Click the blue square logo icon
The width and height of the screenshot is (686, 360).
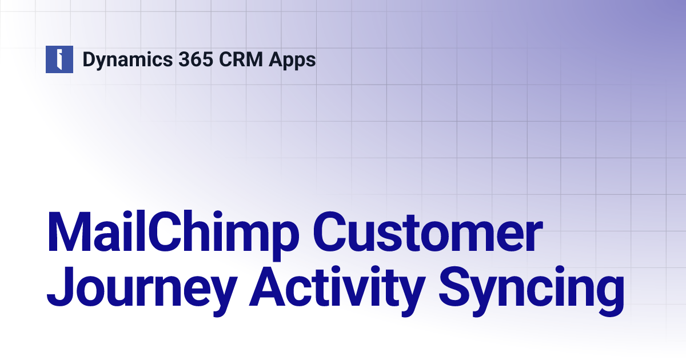(x=59, y=59)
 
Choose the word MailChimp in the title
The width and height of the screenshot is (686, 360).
(x=172, y=233)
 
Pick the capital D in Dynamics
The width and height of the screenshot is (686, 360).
(x=89, y=59)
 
